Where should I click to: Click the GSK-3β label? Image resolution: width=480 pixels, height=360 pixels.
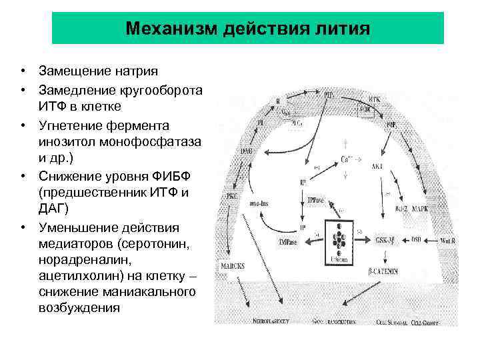point(389,239)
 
